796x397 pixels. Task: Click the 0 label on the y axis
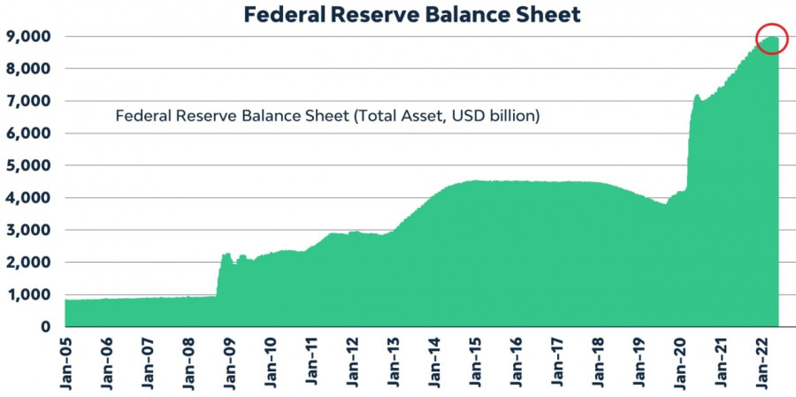(43, 327)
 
